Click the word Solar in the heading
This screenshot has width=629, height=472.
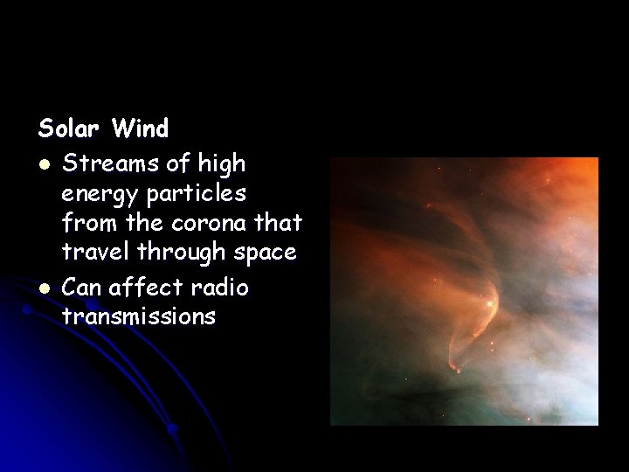pos(71,129)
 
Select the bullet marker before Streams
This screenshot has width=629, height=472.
pos(44,163)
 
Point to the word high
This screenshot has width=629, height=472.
pos(222,163)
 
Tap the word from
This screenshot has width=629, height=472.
pos(85,222)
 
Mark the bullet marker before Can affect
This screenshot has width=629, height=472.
pos(44,287)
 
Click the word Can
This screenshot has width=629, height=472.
pos(83,285)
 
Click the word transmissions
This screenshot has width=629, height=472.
pos(138,316)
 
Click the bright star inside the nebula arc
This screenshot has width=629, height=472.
pos(490,303)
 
